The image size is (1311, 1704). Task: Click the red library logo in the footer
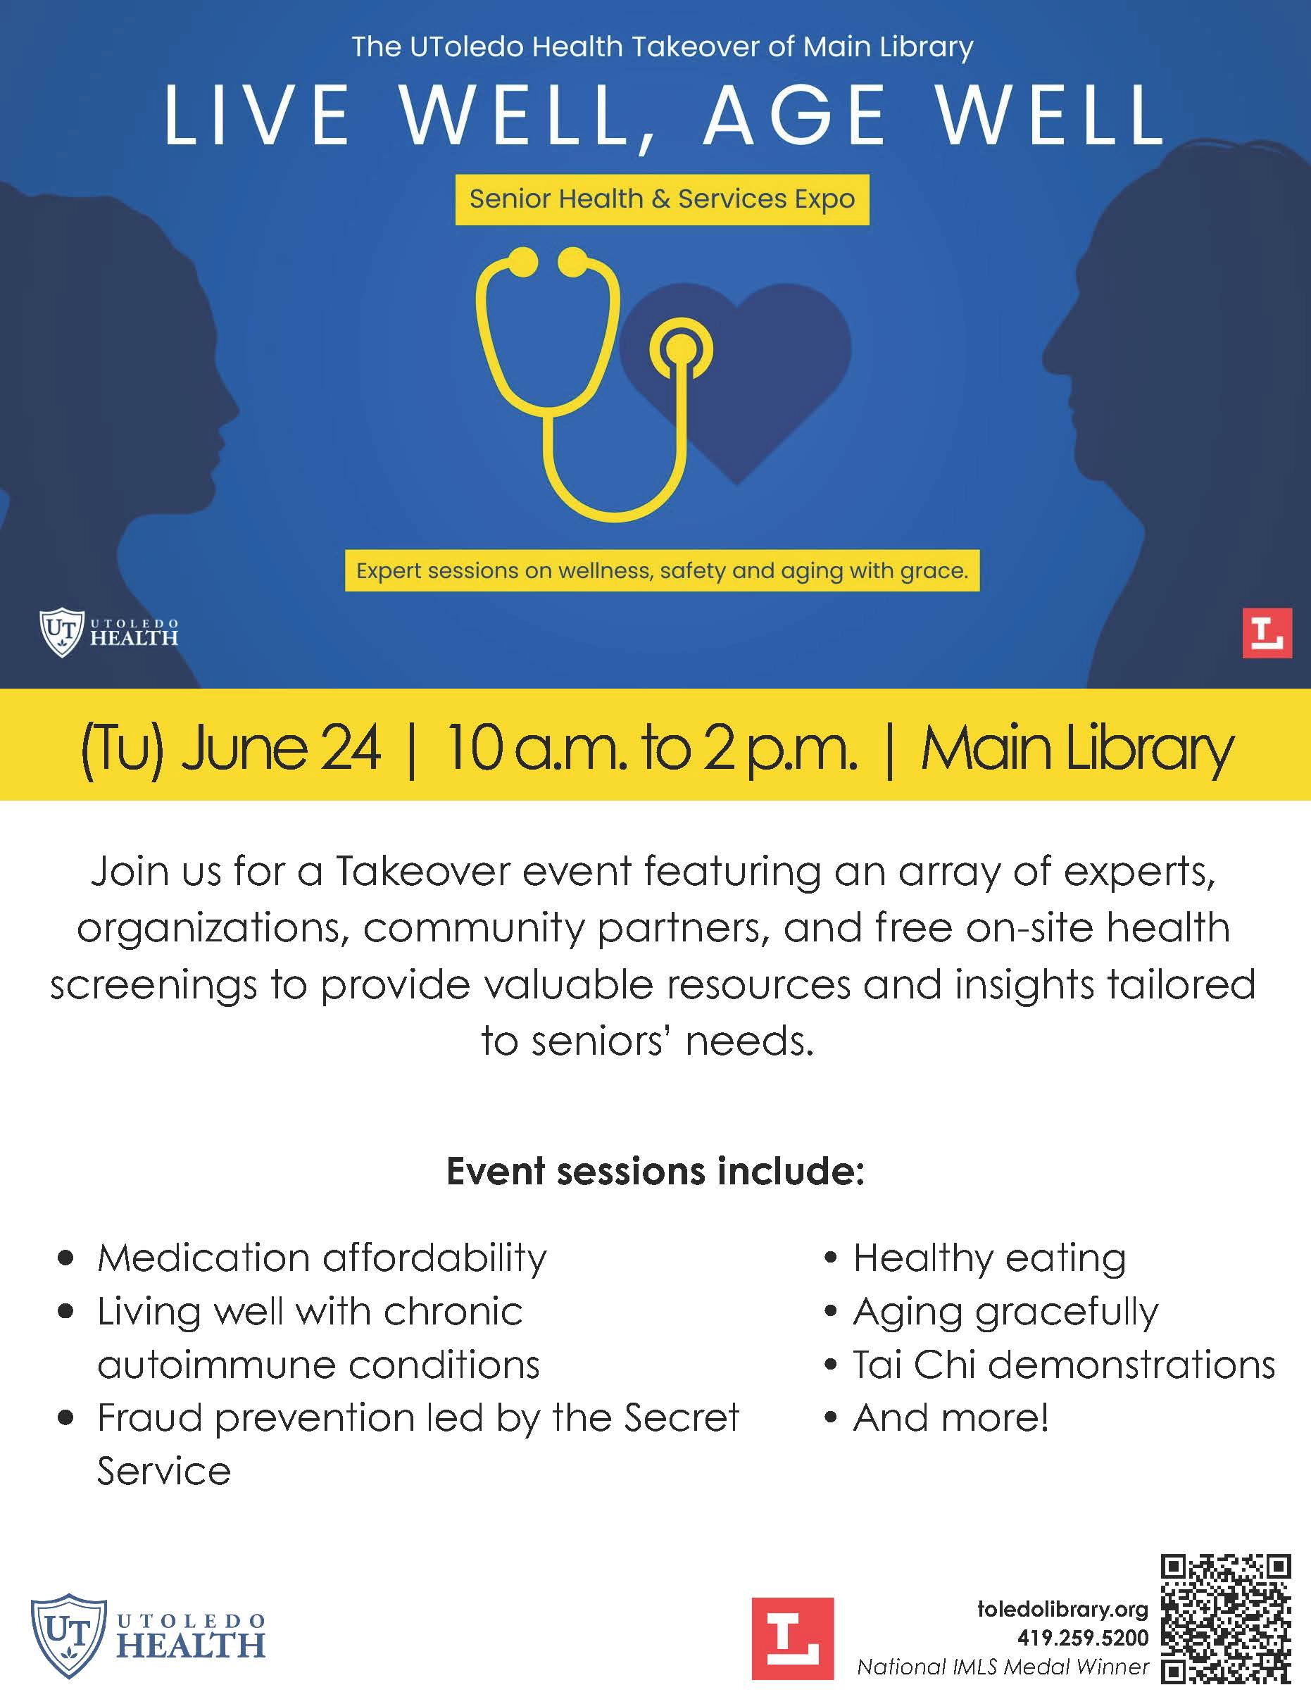click(x=793, y=1638)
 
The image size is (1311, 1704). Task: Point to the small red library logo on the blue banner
click(x=1267, y=633)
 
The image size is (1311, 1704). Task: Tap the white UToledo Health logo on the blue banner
click(x=108, y=632)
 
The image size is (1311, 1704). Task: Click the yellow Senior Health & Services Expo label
click(x=662, y=200)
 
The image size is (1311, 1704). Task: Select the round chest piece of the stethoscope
click(x=682, y=348)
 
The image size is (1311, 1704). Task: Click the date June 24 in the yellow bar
click(x=281, y=748)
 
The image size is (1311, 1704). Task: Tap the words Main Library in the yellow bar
click(x=1077, y=749)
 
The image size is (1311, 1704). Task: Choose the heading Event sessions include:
click(x=655, y=1170)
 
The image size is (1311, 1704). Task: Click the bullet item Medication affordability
click(x=322, y=1257)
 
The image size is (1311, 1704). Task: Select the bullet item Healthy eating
click(x=989, y=1257)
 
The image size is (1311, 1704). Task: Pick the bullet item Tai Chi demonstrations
click(x=1064, y=1364)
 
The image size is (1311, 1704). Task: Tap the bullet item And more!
click(x=951, y=1417)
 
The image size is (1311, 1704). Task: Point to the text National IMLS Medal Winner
click(x=1003, y=1667)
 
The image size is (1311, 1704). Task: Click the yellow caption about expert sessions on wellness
click(x=662, y=570)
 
